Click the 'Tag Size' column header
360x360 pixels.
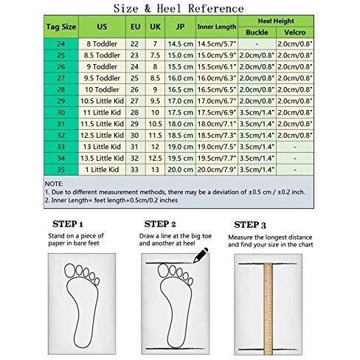click(61, 27)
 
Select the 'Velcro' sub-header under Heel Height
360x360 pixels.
click(295, 32)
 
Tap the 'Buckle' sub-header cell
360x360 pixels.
click(257, 32)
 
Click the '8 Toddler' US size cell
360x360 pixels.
click(102, 44)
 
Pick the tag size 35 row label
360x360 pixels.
click(61, 170)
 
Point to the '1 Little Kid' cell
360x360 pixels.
click(102, 170)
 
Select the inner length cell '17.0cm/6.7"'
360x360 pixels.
click(217, 101)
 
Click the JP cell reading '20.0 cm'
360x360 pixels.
click(180, 170)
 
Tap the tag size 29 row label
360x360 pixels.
click(61, 101)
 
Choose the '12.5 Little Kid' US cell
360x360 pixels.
click(102, 136)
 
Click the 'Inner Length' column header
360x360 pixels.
click(217, 27)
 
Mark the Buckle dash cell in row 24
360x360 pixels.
click(257, 44)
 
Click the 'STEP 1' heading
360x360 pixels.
click(68, 224)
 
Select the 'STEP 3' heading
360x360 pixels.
click(250, 225)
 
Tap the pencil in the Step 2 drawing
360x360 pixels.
click(201, 255)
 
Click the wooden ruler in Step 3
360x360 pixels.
click(268, 309)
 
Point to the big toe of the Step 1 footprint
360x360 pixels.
click(70, 271)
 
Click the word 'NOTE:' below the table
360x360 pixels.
click(54, 184)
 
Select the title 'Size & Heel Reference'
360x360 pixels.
click(179, 9)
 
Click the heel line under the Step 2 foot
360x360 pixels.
click(175, 348)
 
